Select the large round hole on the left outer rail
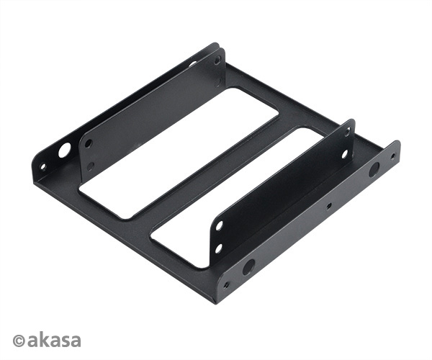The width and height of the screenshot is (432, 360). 65,150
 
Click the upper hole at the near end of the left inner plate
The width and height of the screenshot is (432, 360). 88,143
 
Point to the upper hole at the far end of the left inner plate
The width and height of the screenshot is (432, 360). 217,60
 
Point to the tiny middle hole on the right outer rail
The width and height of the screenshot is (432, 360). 329,205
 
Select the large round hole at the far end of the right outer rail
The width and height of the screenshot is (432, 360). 374,170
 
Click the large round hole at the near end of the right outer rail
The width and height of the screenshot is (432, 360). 248,267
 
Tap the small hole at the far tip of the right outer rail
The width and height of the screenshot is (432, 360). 392,156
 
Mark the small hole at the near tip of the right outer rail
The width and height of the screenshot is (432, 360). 226,284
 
